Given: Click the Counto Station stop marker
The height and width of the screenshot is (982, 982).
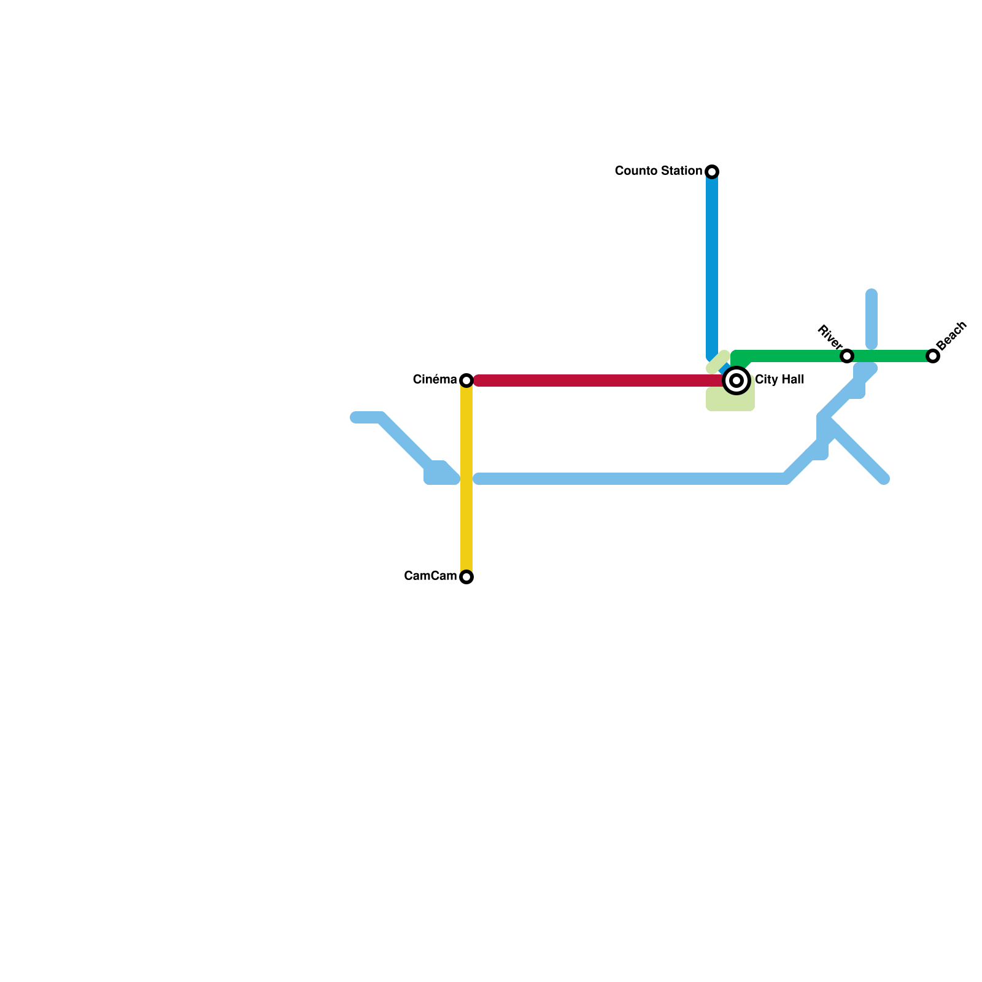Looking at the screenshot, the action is pos(712,171).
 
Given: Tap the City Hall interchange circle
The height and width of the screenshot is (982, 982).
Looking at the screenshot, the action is pos(736,380).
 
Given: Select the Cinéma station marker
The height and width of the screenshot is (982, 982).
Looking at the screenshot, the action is pos(466,381).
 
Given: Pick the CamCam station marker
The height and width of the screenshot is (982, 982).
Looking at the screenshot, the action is pos(466,577).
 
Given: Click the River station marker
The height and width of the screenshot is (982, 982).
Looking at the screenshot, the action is pos(847,356).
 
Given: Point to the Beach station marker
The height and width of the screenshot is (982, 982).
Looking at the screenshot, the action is pos(933,356).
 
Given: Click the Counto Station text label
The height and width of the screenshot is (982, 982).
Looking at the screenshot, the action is pos(658,171).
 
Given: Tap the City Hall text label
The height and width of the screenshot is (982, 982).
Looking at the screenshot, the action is pos(779,379).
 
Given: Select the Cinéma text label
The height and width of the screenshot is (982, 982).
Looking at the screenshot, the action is pos(435,379).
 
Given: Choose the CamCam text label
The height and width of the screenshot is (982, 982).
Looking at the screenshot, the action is pos(430,576).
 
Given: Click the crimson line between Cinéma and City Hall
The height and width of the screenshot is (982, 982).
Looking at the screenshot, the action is pos(595,381).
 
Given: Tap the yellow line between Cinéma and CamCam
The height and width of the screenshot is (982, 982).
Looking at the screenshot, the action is pos(466,479).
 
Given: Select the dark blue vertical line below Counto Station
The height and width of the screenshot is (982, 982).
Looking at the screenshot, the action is pos(712,264).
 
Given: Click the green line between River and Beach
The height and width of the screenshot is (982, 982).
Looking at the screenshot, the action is pos(890,356).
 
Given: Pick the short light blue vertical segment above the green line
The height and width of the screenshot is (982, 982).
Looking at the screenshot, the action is pos(872,319).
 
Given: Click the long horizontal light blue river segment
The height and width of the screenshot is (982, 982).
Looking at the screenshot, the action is pos(632,479).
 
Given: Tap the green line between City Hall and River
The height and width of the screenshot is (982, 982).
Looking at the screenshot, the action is pos(792,356).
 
